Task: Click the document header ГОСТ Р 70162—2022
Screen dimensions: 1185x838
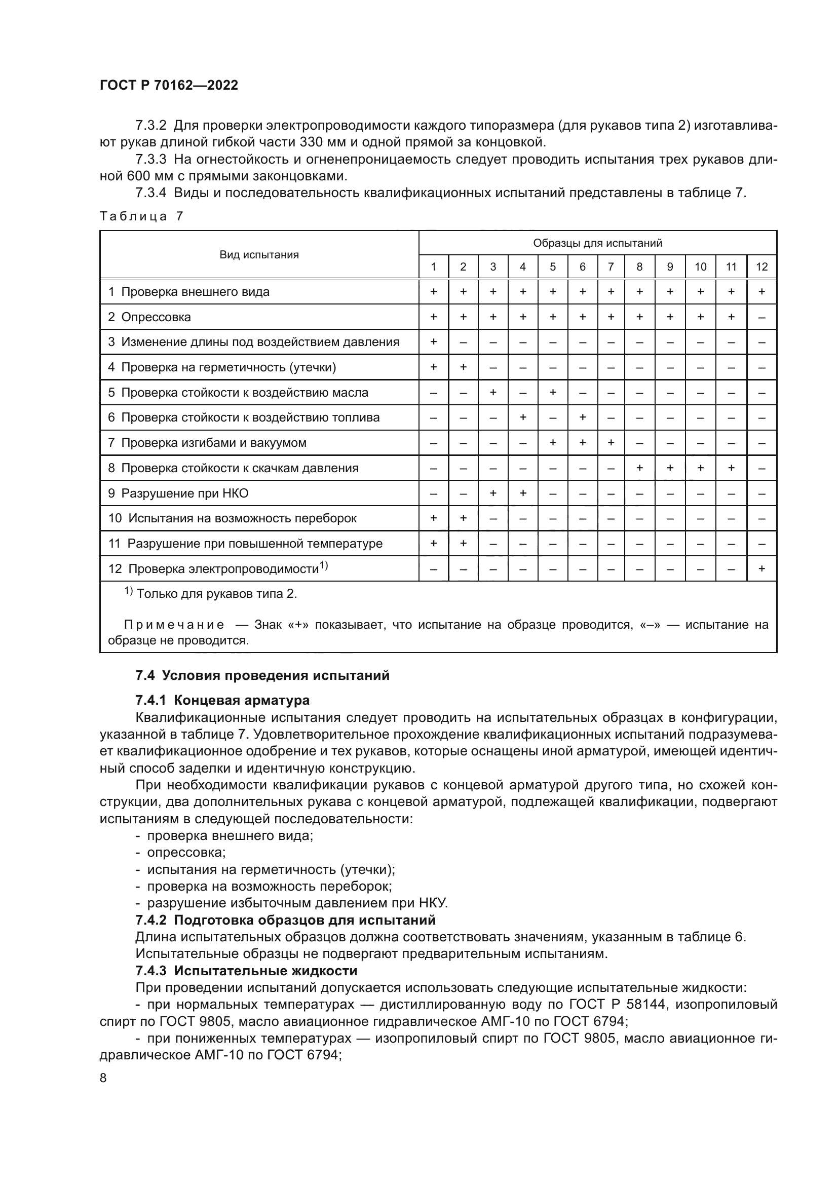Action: [169, 86]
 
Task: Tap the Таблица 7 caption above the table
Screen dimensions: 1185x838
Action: [141, 216]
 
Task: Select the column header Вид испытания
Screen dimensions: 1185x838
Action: [259, 254]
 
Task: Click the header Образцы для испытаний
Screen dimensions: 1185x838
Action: [597, 243]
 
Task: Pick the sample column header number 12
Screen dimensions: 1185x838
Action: [761, 267]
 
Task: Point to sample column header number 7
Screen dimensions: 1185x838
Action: [611, 267]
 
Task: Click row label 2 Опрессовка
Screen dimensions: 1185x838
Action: [149, 317]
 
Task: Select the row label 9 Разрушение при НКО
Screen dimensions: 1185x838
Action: [178, 493]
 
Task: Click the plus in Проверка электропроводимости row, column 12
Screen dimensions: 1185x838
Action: [761, 569]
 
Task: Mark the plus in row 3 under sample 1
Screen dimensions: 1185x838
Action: [434, 341]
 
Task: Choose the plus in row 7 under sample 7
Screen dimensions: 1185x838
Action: [611, 443]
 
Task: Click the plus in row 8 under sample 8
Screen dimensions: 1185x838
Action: [640, 468]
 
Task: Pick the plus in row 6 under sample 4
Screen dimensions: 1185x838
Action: [523, 417]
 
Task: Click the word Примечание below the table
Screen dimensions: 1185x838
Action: [174, 625]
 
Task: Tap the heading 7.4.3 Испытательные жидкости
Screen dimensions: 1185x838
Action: [246, 971]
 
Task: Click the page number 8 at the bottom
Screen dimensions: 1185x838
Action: [103, 1078]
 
